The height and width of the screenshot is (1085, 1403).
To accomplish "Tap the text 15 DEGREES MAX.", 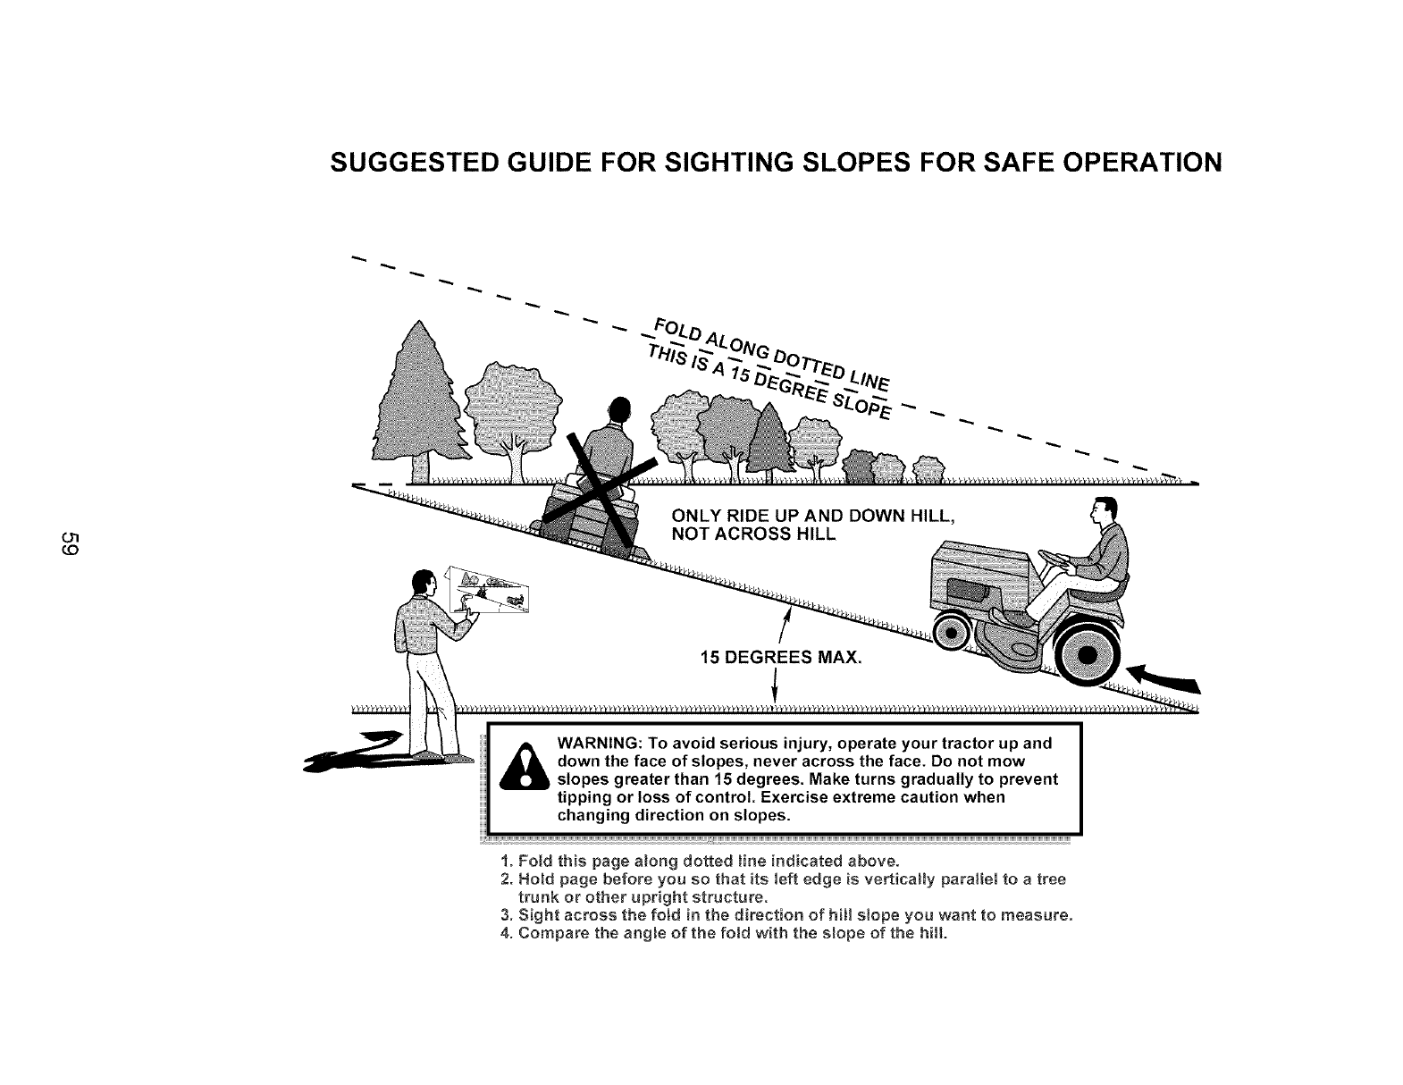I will coord(781,659).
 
